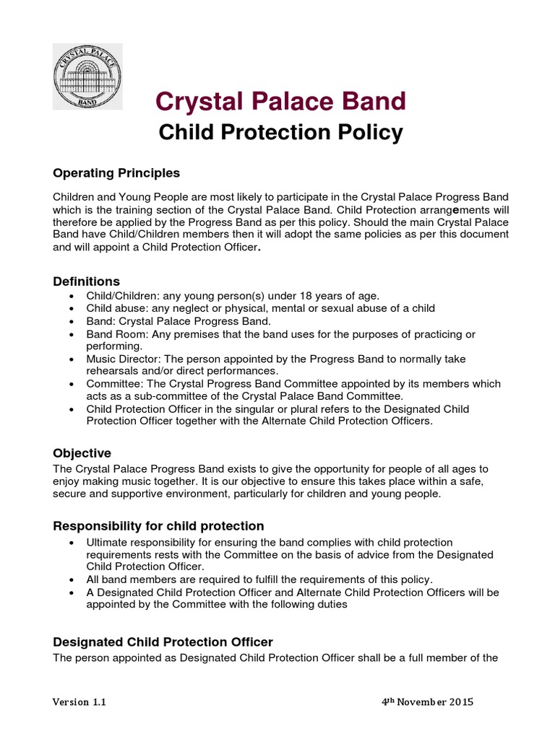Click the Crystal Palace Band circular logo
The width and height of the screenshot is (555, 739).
click(x=90, y=76)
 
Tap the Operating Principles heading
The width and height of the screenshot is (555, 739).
click(x=116, y=174)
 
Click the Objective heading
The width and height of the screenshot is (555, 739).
click(x=82, y=453)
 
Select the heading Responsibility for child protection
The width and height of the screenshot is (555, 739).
click(x=158, y=525)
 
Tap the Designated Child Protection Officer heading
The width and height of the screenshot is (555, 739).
click(x=163, y=642)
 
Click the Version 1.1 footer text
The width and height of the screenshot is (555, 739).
click(x=81, y=702)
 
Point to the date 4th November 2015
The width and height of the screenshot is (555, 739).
click(x=427, y=702)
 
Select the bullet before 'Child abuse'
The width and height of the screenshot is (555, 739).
click(x=70, y=309)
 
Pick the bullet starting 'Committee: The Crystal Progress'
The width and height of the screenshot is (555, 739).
click(x=70, y=384)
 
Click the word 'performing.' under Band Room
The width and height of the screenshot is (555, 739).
click(x=113, y=346)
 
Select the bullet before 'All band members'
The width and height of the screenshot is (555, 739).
click(x=70, y=580)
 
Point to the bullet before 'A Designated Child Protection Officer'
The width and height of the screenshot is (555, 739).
click(x=70, y=592)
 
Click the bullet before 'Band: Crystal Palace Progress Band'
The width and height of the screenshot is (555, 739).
click(x=70, y=321)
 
